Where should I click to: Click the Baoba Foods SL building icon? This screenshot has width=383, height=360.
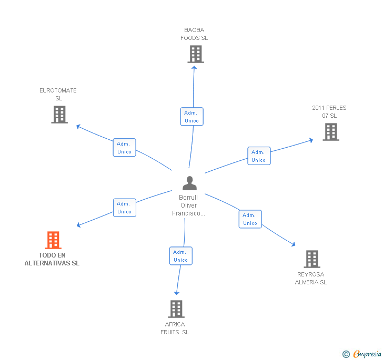195,54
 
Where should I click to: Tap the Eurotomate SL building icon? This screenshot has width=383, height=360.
59,115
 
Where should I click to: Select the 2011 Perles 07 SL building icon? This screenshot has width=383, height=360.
330,132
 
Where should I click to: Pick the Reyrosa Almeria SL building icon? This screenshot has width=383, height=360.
312,259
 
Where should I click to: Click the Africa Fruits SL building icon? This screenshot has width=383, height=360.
176,309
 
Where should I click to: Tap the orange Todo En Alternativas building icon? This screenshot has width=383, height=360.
53,240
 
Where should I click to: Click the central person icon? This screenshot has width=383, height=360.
189,183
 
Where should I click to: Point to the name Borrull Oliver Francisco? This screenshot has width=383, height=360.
188,205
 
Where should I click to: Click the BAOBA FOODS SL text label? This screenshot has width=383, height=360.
194,34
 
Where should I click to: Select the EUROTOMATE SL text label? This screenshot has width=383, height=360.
58,94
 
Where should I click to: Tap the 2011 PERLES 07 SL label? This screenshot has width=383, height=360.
329,112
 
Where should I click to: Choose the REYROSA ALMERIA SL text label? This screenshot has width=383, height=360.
311,278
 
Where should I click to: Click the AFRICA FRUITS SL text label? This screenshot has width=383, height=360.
175,328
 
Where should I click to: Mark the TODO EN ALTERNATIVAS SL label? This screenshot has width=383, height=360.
52,259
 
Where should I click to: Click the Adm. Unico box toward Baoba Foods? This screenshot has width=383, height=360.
191,117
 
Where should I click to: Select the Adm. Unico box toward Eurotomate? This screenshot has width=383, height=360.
125,148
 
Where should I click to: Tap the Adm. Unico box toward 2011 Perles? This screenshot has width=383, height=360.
259,156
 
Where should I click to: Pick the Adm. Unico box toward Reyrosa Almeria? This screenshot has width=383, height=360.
250,219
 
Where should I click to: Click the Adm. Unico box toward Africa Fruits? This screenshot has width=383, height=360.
180,256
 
